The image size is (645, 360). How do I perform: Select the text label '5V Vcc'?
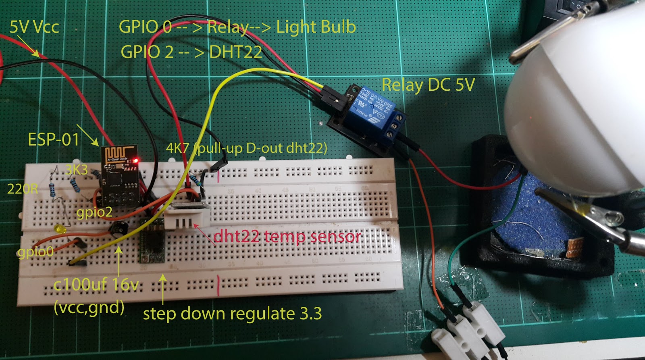click(34, 27)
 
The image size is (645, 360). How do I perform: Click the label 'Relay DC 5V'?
click(428, 85)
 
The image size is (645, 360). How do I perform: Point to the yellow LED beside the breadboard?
click(60, 229)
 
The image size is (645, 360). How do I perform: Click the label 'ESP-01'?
click(53, 139)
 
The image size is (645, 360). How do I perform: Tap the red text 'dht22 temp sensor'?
click(287, 236)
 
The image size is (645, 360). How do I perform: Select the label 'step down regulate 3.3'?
click(232, 314)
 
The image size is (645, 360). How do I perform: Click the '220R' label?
click(23, 189)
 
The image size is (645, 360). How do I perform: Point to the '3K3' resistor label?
click(76, 170)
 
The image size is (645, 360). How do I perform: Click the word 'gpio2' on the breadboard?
click(94, 212)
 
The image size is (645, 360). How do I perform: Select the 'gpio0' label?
click(35, 252)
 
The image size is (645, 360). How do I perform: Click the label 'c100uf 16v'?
click(96, 285)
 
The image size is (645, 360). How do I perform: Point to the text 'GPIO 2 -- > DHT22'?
click(191, 52)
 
